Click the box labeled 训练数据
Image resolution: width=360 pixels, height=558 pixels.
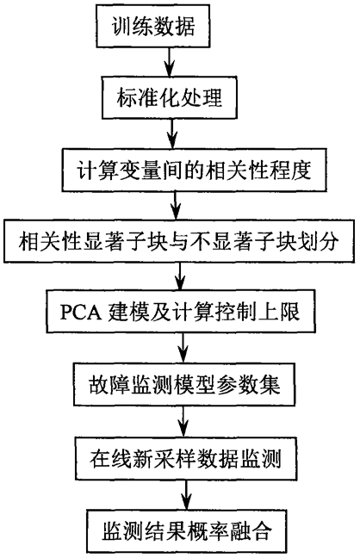click(x=152, y=26)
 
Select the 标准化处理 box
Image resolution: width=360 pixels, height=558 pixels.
click(x=170, y=96)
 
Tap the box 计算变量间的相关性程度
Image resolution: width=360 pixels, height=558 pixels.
click(x=194, y=170)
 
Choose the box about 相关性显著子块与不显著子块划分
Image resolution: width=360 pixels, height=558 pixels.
click(x=179, y=241)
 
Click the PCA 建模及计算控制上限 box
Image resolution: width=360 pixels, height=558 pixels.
click(x=181, y=312)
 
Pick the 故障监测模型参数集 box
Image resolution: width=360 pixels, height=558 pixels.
click(x=184, y=384)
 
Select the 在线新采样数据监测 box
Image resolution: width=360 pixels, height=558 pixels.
click(x=185, y=458)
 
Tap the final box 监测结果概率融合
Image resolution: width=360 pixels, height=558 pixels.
click(x=187, y=531)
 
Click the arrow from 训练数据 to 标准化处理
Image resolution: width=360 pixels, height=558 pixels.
click(x=170, y=61)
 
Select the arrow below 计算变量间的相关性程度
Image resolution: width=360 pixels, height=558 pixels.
click(x=176, y=206)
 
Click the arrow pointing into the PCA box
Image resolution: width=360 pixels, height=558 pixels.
click(x=180, y=276)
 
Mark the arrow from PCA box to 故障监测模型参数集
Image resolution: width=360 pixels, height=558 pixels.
click(x=183, y=348)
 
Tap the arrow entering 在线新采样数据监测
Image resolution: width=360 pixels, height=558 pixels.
click(x=183, y=421)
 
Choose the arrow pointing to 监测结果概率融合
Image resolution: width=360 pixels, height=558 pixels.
click(x=186, y=495)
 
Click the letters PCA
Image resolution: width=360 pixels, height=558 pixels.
click(x=80, y=313)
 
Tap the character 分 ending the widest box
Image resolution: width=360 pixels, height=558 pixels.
click(x=327, y=242)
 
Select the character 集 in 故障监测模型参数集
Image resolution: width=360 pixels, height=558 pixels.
click(x=270, y=384)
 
